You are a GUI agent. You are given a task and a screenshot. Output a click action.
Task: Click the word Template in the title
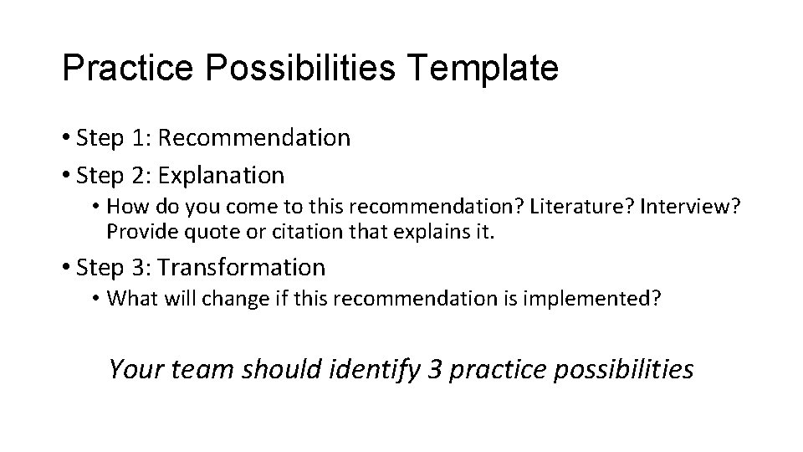pos(485,69)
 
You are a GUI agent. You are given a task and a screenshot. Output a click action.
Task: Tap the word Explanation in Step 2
pos(221,176)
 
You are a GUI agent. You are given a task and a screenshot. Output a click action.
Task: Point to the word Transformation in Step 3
pos(242,268)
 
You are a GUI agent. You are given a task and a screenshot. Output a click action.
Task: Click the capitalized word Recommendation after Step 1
pos(254,137)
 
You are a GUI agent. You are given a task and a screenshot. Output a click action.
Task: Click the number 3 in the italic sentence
pos(434,368)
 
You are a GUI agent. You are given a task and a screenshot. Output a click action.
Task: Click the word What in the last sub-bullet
pos(130,298)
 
